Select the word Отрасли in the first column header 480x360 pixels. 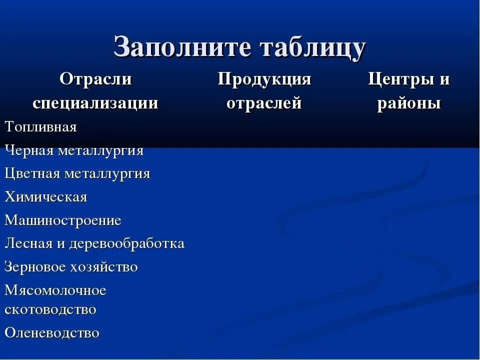pos(95,79)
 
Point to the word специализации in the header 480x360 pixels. pos(95,103)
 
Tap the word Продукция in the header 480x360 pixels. pos(264,79)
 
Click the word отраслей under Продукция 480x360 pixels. pos(264,103)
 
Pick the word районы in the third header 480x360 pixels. pos(409,103)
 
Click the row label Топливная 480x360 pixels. pos(41,127)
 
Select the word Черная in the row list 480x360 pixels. pos(29,150)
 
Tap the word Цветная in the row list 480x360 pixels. pos(32,173)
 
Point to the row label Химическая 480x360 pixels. pos(46,197)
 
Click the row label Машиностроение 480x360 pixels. pos(63,220)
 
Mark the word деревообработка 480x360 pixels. pos(127,243)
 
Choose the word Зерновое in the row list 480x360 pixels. pos(35,267)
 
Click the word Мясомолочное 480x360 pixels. pos(55,290)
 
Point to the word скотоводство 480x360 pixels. pos(50,309)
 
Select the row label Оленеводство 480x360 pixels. pos(52,332)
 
